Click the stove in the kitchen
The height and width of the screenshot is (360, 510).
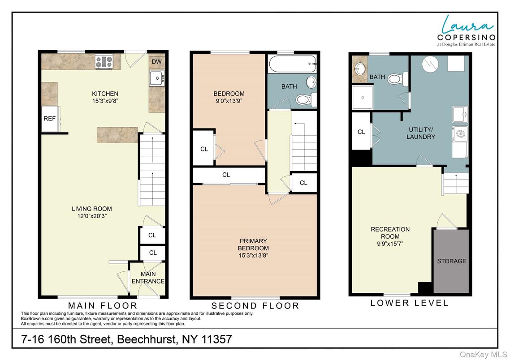[x=104, y=62]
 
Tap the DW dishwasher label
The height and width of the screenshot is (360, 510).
[x=156, y=62]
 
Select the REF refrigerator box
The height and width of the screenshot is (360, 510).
[x=49, y=119]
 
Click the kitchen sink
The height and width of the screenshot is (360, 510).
[x=157, y=78]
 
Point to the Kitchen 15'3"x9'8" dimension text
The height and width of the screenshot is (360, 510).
[x=105, y=101]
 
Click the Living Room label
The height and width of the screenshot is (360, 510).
[x=92, y=209]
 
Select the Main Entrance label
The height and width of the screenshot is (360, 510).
[x=148, y=278]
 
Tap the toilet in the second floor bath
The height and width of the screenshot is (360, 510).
[x=304, y=99]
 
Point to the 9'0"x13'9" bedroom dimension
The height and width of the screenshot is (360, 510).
[x=229, y=101]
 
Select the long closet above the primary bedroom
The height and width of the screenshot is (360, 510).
[x=226, y=175]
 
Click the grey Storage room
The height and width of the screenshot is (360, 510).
[x=451, y=261]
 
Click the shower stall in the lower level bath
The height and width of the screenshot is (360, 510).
[x=361, y=97]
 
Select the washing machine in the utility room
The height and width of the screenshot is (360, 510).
[x=460, y=133]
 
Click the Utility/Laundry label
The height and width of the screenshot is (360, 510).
[x=420, y=133]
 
